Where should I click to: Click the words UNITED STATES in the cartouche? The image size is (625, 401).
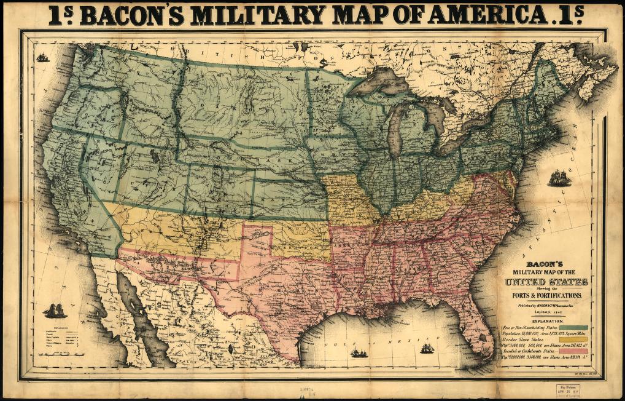click(x=546, y=282)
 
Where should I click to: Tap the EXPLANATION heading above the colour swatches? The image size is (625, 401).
click(x=546, y=321)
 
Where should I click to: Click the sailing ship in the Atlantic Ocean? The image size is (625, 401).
click(x=559, y=178)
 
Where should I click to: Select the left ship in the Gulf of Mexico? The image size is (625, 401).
click(x=359, y=353)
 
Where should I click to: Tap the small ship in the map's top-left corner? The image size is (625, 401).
click(x=42, y=57)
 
